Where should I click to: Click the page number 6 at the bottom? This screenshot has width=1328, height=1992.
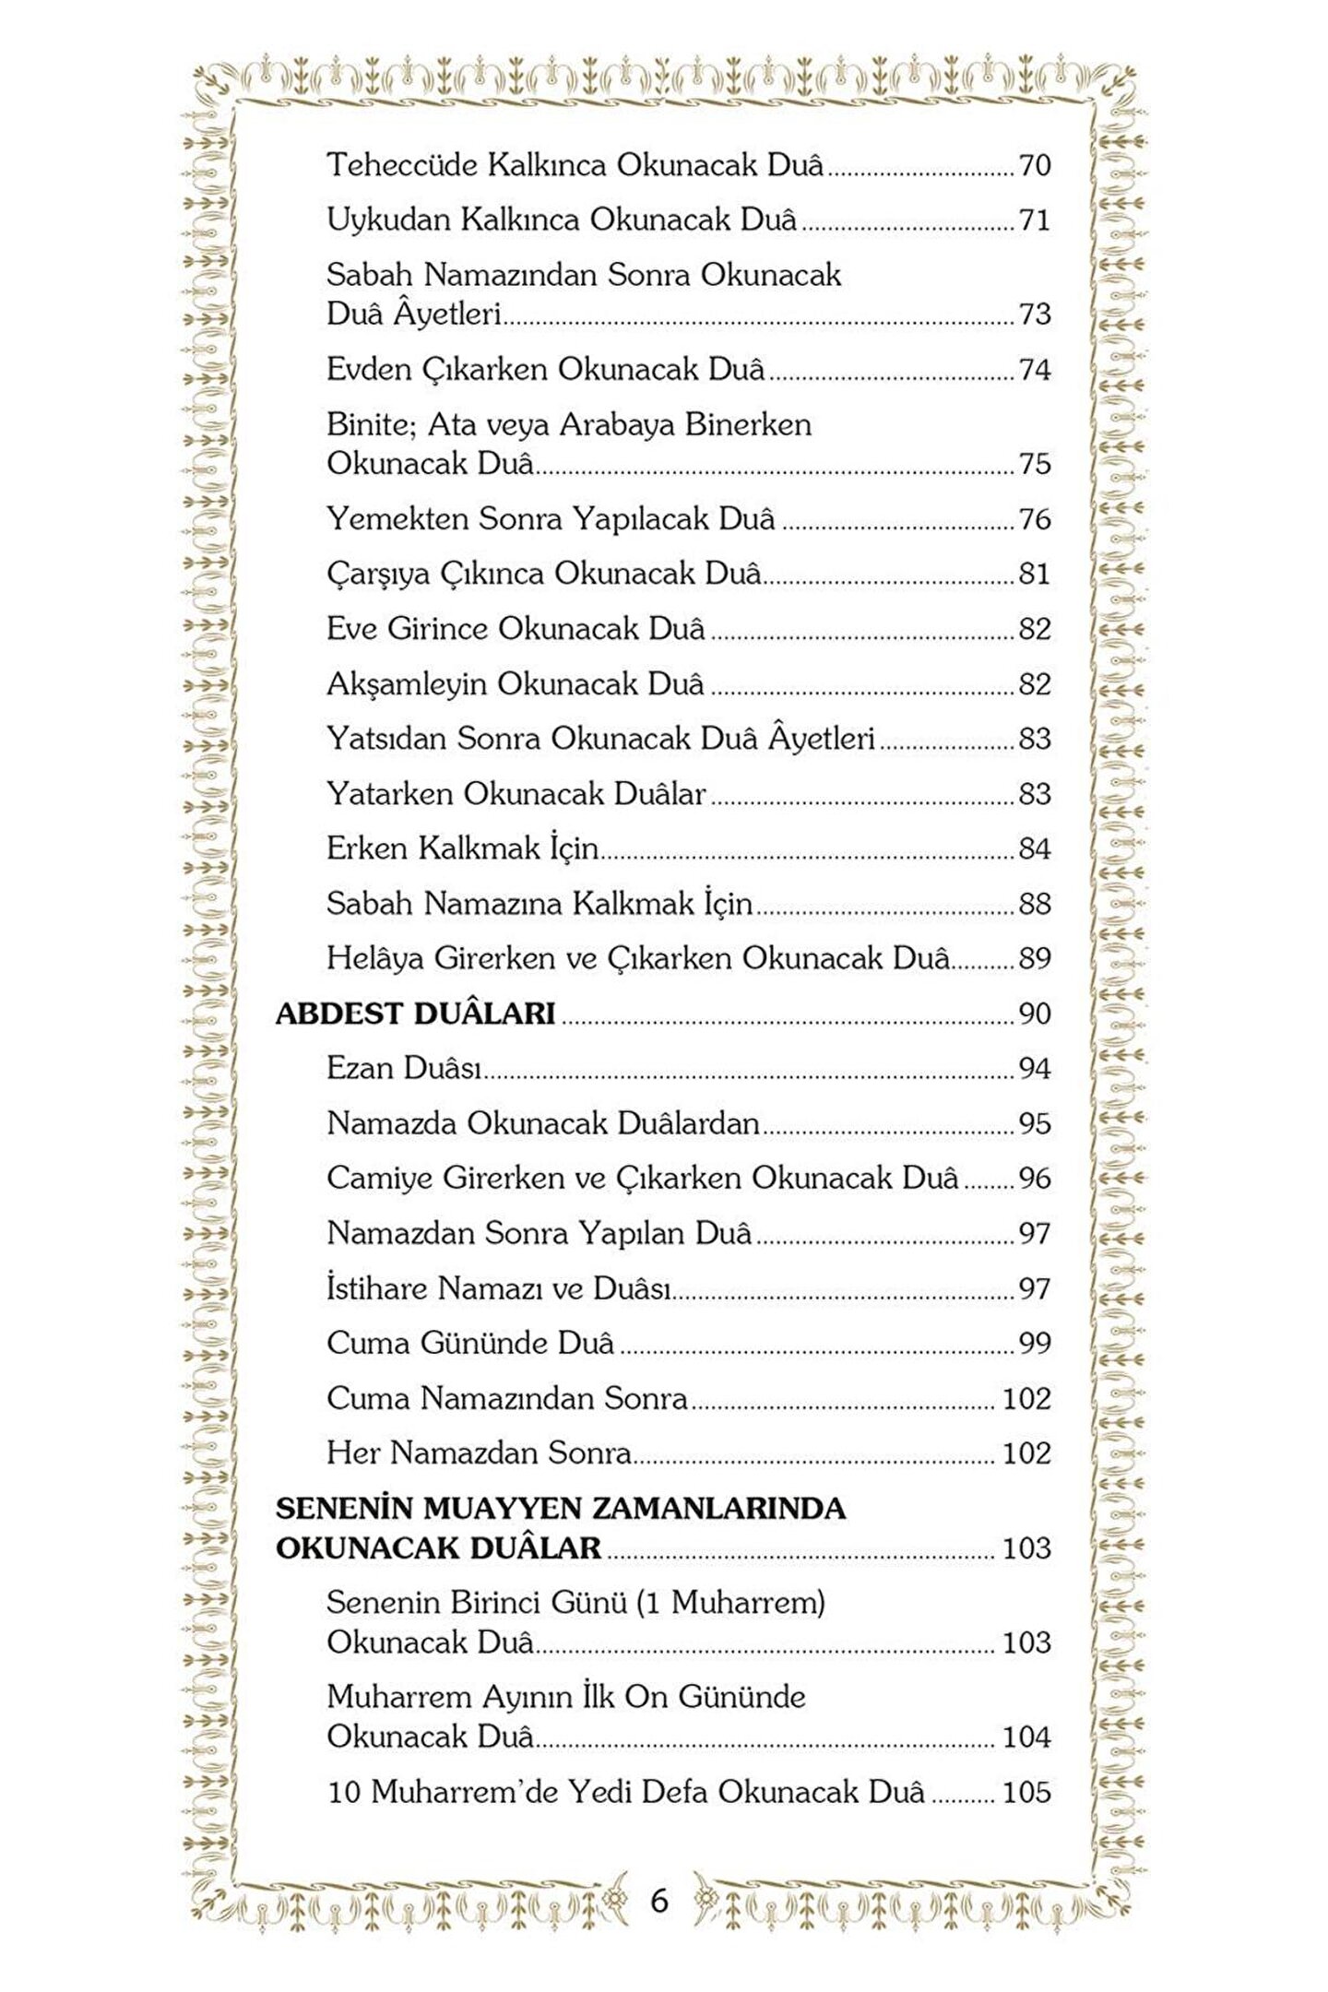658,1901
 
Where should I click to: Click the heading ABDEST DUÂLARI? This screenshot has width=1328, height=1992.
415,1014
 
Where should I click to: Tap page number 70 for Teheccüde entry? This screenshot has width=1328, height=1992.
1035,166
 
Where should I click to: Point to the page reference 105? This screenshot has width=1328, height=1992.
1026,1792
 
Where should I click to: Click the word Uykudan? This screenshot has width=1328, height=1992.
388,220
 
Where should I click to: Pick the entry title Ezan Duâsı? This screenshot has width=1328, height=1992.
404,1068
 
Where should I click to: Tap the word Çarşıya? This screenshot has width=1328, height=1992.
378,574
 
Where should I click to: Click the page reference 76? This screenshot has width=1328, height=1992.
1035,519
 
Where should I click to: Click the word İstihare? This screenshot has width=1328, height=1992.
377,1287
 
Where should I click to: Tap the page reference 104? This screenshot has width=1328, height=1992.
1026,1737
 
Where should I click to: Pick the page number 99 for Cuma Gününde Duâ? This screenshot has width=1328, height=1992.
1035,1344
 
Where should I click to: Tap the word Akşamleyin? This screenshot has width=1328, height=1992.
407,684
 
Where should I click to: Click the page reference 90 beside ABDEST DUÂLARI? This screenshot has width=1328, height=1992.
1035,1014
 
